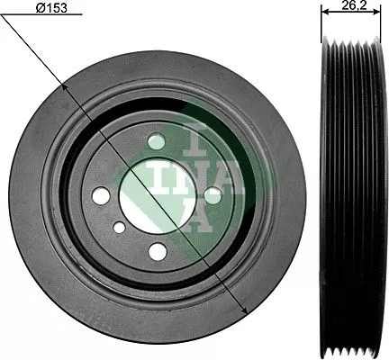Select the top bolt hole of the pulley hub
(158, 141)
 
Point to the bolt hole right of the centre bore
(213, 193)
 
